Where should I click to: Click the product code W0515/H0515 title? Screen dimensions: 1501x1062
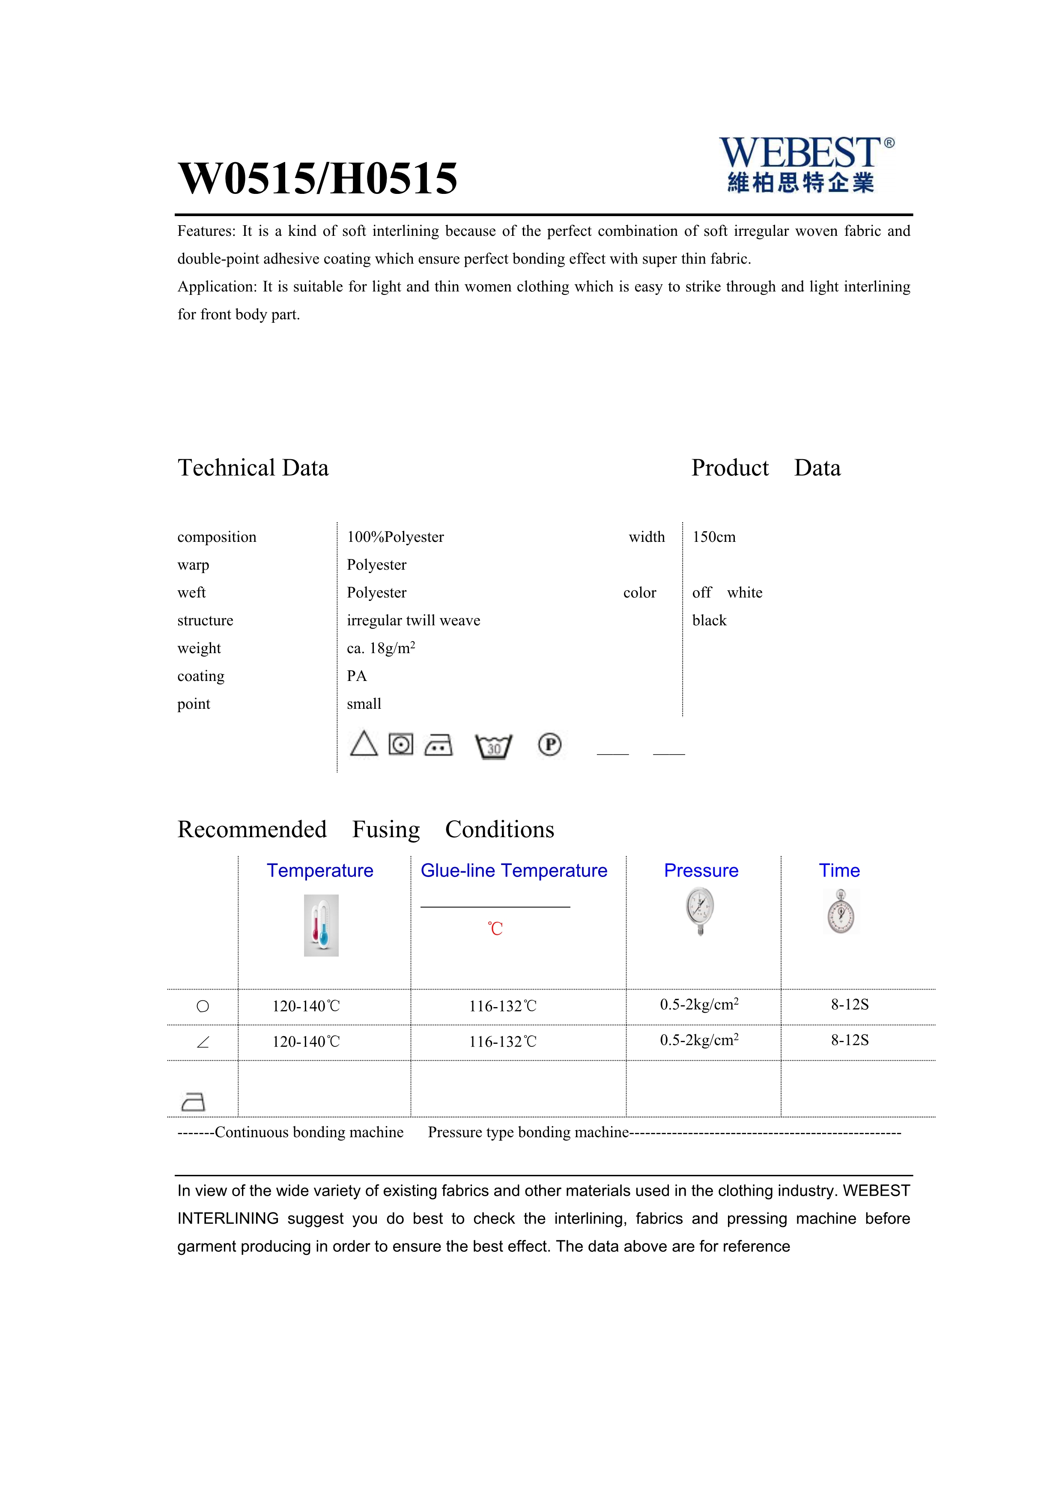coord(318,178)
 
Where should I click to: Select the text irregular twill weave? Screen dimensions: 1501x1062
coord(413,621)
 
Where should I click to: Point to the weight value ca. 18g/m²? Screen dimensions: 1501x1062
coord(381,648)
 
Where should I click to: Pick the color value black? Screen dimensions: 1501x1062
coord(709,621)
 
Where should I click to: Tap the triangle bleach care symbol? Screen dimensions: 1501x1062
coord(364,744)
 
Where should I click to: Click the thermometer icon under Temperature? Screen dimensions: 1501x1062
coord(321,925)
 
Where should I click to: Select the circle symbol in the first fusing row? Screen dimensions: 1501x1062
coord(203,1006)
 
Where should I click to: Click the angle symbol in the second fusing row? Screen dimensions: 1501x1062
coord(203,1042)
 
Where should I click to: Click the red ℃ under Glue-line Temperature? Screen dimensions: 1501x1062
coord(495,928)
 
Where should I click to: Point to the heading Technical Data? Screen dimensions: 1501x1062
coord(253,468)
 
